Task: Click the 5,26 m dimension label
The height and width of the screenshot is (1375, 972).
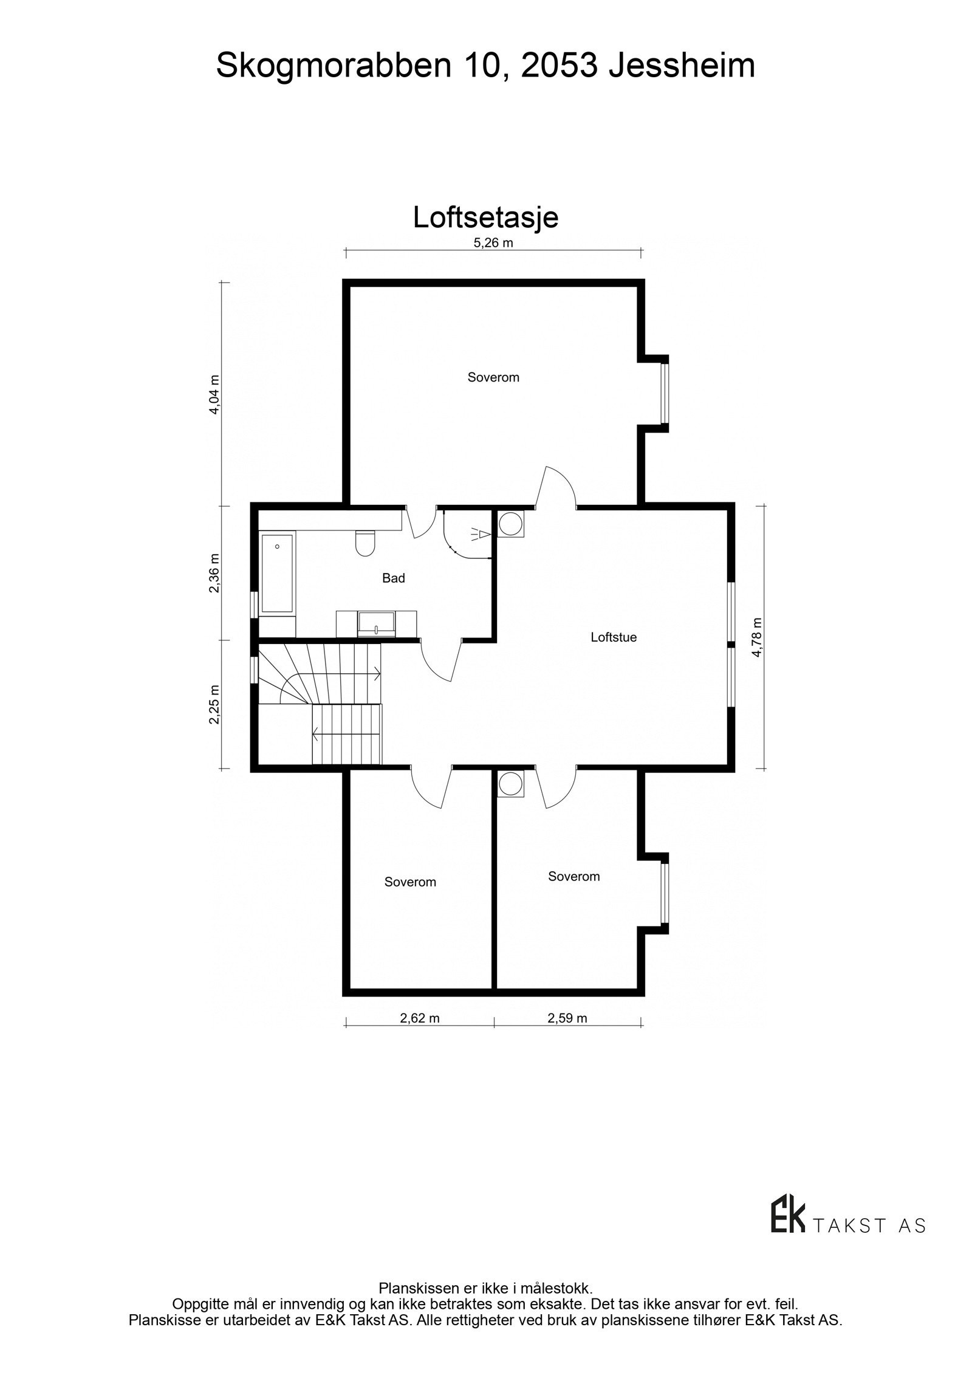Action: click(493, 243)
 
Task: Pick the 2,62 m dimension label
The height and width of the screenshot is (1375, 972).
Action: click(419, 1018)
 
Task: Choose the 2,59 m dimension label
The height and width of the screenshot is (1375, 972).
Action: click(567, 1018)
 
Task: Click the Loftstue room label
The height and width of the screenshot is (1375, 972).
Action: click(613, 637)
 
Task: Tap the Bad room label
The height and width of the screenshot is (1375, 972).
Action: click(393, 578)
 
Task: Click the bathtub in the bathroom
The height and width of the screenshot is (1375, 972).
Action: click(277, 573)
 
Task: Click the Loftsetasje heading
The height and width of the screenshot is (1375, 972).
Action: click(485, 218)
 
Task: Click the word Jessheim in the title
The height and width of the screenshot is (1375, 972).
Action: click(682, 66)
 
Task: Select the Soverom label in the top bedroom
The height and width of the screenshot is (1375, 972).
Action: click(493, 377)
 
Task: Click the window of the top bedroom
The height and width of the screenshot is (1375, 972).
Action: click(665, 393)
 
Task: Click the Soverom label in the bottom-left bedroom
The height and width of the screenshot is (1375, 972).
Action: click(410, 882)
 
